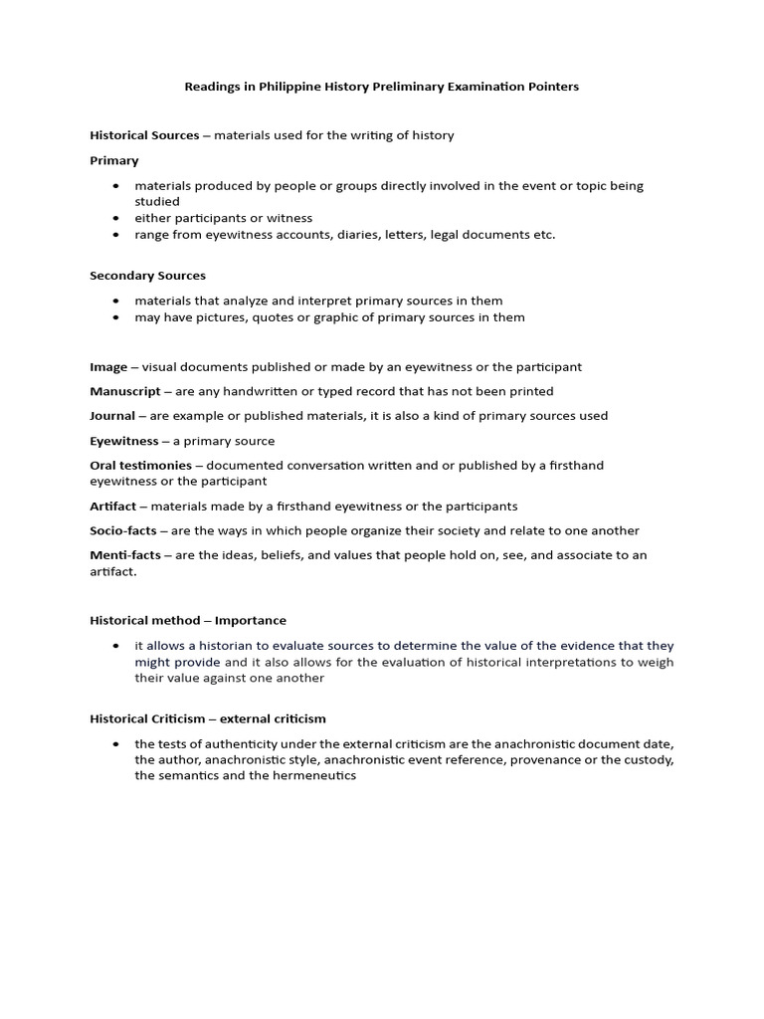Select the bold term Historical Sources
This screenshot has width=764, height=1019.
tap(144, 135)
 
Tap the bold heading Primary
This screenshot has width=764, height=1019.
tap(114, 160)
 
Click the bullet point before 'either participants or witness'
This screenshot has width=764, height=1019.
tap(116, 218)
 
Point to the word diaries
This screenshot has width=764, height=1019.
tap(343, 235)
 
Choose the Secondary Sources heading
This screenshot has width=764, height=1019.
tap(147, 276)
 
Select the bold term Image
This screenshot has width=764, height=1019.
tap(108, 367)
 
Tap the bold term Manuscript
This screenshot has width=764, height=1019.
tap(124, 391)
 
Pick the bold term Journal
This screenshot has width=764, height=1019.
tap(112, 416)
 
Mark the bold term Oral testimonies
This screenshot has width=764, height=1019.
tap(140, 466)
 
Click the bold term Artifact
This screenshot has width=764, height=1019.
tap(112, 507)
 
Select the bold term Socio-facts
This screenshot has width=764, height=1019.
tap(123, 530)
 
